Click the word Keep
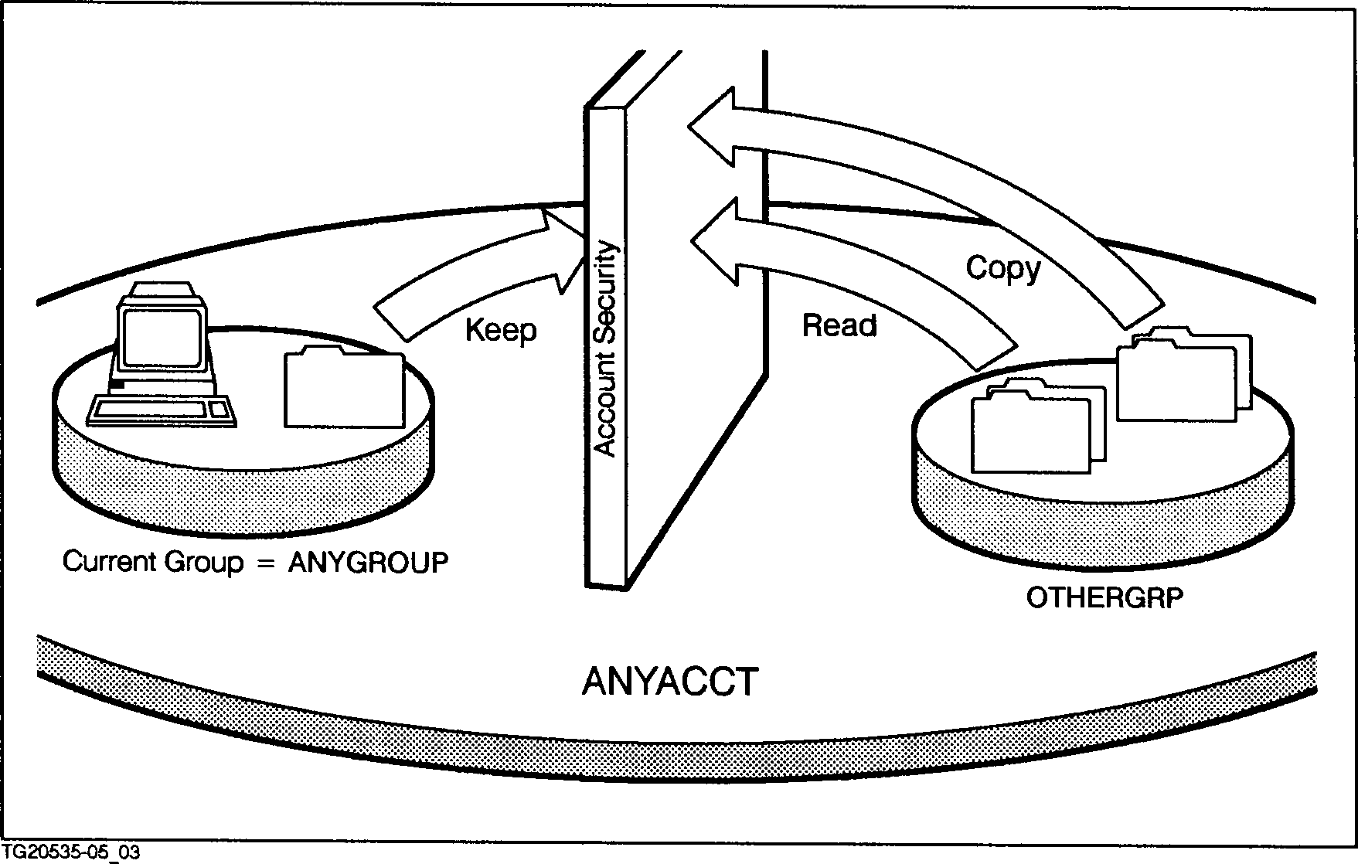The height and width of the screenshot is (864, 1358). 501,331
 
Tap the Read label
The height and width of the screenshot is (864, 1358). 839,325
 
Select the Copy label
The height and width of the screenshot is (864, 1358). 1003,269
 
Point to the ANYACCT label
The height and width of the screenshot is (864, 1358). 669,682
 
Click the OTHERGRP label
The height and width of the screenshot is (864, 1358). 1104,597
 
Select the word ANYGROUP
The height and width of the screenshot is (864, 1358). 368,563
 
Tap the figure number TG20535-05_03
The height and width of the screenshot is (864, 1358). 71,853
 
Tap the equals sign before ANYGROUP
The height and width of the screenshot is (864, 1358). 265,563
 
